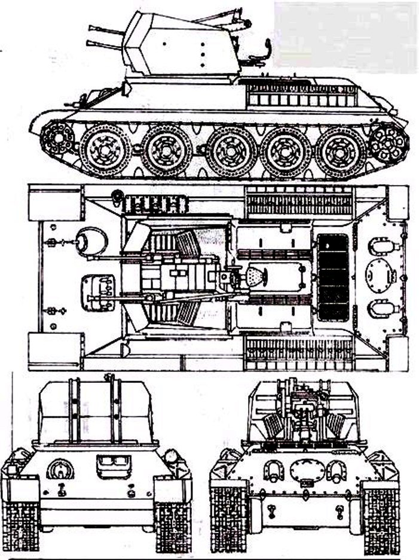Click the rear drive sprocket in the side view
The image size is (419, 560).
coord(389,144)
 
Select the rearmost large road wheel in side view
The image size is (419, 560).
coord(340,151)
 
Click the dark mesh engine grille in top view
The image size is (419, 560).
coord(333,277)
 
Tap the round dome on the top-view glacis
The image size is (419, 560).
coord(94,241)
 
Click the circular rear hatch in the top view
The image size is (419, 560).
coord(381,277)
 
